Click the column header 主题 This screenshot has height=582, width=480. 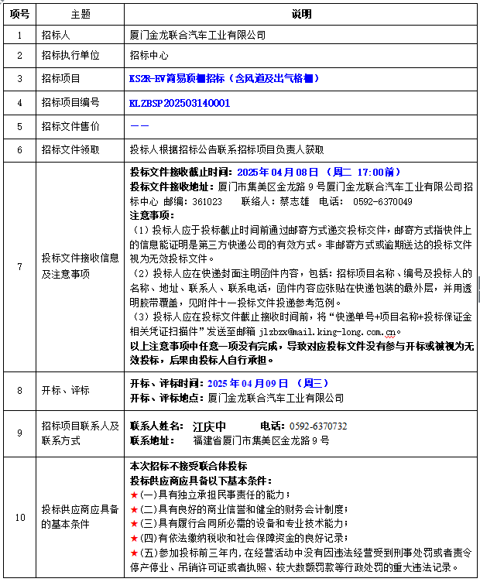[x=81, y=15]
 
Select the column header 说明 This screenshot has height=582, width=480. [x=301, y=15]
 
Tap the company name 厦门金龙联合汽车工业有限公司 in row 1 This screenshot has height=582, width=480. [x=197, y=35]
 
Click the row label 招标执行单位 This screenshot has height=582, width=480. [x=70, y=56]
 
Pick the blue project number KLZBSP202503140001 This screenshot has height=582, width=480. [x=180, y=102]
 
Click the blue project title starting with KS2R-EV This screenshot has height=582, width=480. [x=225, y=79]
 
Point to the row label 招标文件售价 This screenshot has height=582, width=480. [x=70, y=125]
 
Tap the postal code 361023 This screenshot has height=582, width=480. [x=207, y=200]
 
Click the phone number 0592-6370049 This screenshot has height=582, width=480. [x=382, y=200]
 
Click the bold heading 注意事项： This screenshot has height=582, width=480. [x=153, y=214]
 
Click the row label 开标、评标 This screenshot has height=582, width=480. [x=66, y=390]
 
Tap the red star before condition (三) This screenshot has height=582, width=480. [x=134, y=523]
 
